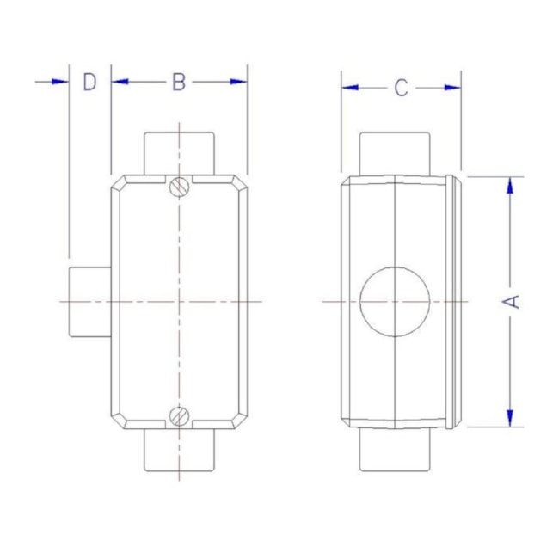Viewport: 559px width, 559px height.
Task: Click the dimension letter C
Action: pyautogui.click(x=401, y=88)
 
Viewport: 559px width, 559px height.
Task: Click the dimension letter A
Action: pyautogui.click(x=512, y=302)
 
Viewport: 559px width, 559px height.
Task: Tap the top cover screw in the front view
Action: pyautogui.click(x=179, y=187)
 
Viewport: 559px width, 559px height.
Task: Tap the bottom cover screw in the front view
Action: pyautogui.click(x=179, y=416)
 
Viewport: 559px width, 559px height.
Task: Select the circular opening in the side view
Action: pyautogui.click(x=395, y=302)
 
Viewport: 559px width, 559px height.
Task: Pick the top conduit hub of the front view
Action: pyautogui.click(x=179, y=154)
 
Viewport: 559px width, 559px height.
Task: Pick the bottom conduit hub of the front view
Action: pyautogui.click(x=179, y=451)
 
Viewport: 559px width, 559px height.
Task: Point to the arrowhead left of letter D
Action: pyautogui.click(x=59, y=82)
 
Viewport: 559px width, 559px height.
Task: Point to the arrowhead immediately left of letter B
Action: pyautogui.click(x=120, y=82)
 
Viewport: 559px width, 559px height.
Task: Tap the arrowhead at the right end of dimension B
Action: pyautogui.click(x=238, y=82)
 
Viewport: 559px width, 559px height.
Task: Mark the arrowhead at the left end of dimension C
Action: pyautogui.click(x=350, y=88)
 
